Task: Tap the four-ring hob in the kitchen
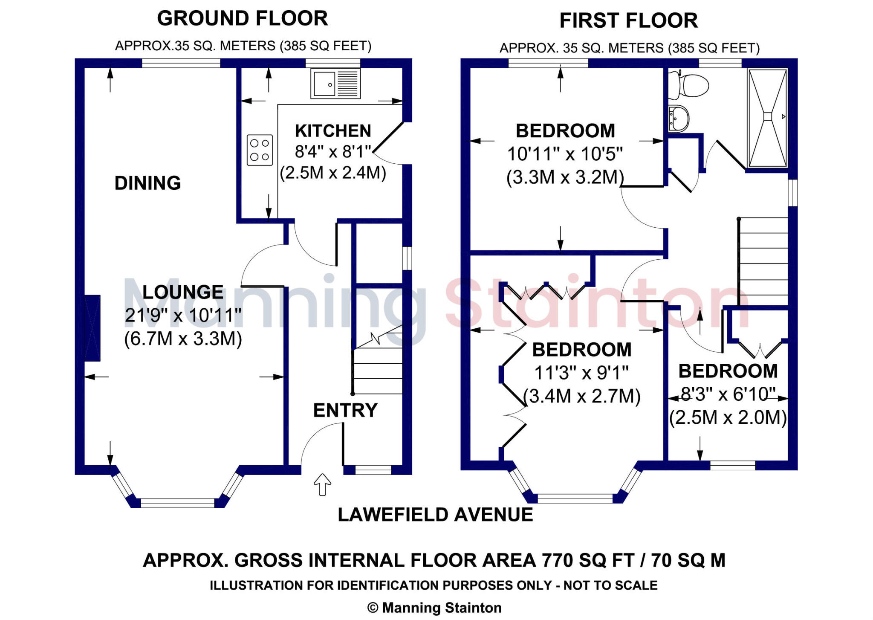tap(260, 150)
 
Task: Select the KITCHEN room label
tap(333, 131)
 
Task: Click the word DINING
tap(147, 183)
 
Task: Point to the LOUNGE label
tap(183, 293)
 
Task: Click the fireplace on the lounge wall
tap(93, 328)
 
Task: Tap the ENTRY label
tap(345, 411)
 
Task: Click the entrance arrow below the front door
tap(322, 484)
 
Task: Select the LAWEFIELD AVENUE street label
tap(435, 515)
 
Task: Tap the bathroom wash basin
tap(679, 118)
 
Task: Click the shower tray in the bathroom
tap(767, 118)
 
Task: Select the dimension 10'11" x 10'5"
tap(565, 154)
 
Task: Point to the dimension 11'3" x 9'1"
tap(581, 373)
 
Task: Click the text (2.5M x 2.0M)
tap(728, 418)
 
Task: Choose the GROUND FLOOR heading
tap(243, 19)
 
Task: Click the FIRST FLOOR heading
tap(628, 21)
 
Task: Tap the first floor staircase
tap(763, 262)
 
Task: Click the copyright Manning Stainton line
tap(434, 608)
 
